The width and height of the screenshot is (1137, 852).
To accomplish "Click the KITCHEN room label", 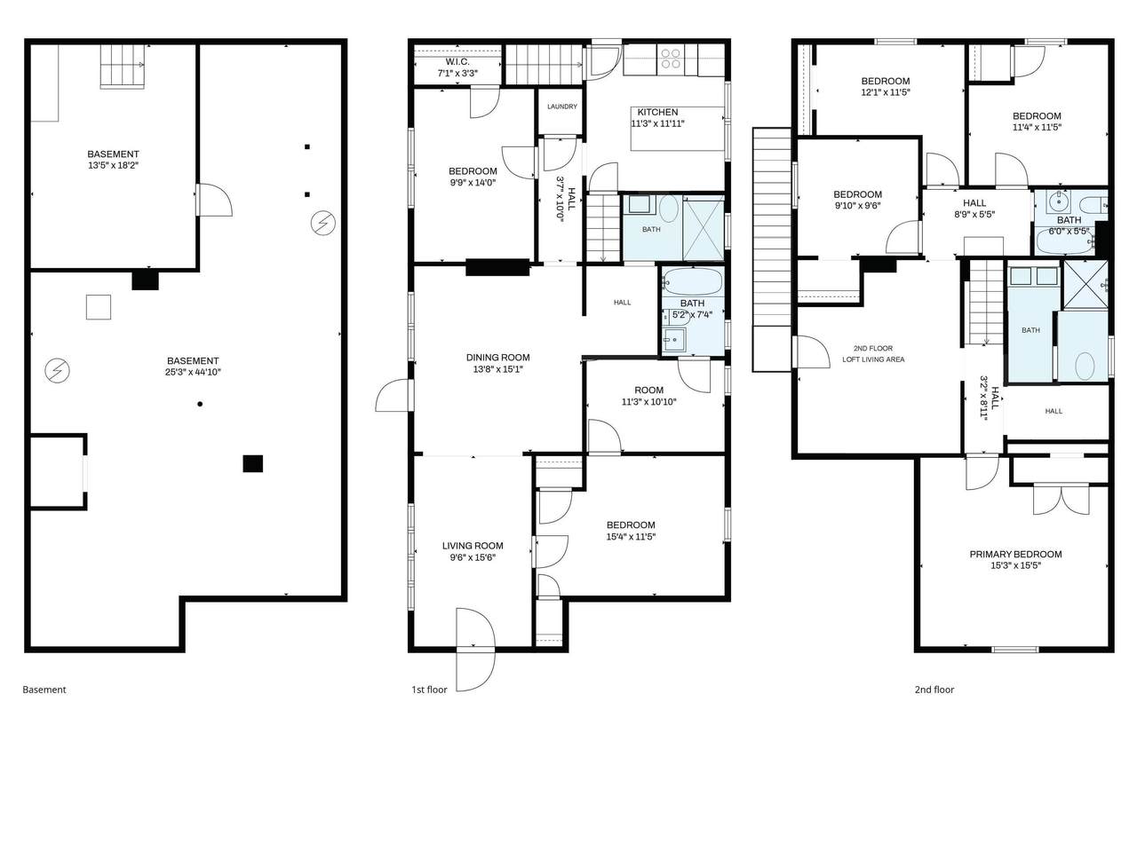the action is click(x=657, y=112).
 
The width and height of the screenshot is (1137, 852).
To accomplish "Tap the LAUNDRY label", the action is click(x=562, y=106).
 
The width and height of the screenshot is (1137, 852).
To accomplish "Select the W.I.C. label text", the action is click(x=457, y=62).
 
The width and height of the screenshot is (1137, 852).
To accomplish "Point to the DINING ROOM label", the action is click(x=497, y=358).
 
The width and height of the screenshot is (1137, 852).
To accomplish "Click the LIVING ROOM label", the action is click(x=473, y=546).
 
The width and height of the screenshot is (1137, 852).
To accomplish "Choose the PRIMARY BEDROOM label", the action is click(x=1016, y=555).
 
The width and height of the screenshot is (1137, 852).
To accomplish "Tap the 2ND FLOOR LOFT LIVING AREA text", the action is click(x=873, y=354).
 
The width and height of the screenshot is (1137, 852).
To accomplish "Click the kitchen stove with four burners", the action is click(x=671, y=59).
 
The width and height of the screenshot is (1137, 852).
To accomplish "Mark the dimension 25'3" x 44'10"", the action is click(x=193, y=372).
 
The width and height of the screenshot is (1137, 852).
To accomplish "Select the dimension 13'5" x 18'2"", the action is click(x=114, y=166).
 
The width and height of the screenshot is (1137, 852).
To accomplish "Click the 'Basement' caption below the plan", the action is click(x=44, y=690).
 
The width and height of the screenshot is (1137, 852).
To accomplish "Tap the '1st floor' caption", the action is click(x=429, y=690).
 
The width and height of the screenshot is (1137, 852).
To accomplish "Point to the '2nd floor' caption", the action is click(x=934, y=690).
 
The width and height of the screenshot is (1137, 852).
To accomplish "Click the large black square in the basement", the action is click(x=253, y=463).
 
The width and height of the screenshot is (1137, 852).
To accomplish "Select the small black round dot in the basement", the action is click(x=200, y=404).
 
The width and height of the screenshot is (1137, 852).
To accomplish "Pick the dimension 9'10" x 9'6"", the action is click(x=857, y=206).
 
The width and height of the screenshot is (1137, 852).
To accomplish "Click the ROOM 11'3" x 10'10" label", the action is click(x=649, y=396).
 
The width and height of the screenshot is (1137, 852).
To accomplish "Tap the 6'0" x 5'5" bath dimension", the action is click(x=1069, y=232).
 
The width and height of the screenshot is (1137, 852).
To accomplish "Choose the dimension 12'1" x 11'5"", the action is click(x=886, y=92).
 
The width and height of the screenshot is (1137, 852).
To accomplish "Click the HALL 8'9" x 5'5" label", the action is click(x=974, y=209).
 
